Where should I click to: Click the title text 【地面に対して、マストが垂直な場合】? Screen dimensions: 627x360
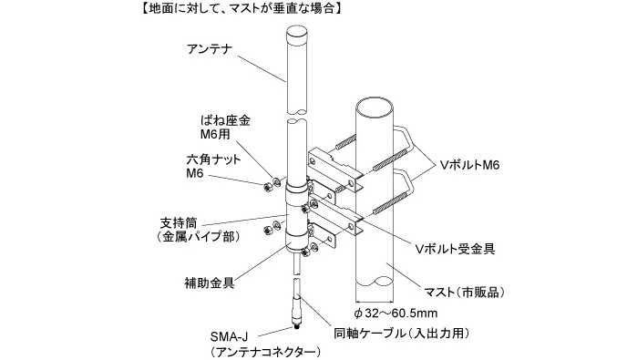pyautogui.click(x=241, y=8)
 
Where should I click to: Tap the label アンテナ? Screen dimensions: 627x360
pyautogui.click(x=210, y=49)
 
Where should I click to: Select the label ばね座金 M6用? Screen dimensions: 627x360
pyautogui.click(x=225, y=128)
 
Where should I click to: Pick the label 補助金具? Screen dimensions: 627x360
pyautogui.click(x=209, y=283)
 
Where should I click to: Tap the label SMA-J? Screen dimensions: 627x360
pyautogui.click(x=229, y=337)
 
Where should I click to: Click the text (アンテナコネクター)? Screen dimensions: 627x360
pyautogui.click(x=265, y=352)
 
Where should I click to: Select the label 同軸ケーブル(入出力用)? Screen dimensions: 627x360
pyautogui.click(x=402, y=333)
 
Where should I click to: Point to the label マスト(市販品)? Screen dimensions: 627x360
pyautogui.click(x=464, y=293)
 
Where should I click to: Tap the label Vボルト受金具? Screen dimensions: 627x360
pyautogui.click(x=456, y=249)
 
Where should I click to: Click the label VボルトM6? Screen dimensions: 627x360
pyautogui.click(x=470, y=165)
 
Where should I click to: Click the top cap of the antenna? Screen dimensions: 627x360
pyautogui.click(x=296, y=32)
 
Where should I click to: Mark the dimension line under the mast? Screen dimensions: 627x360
pyautogui.click(x=375, y=302)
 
